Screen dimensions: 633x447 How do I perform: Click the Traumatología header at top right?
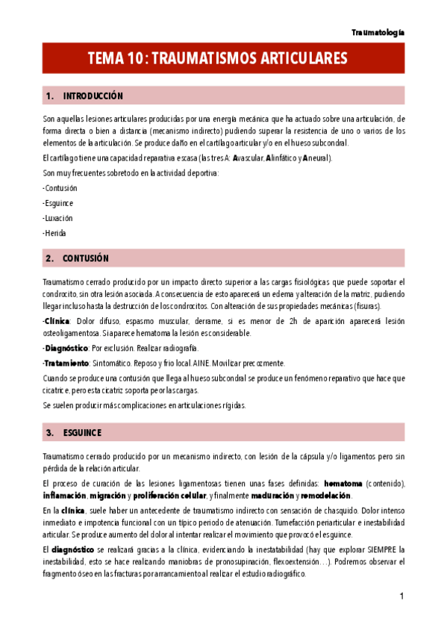click(x=378, y=33)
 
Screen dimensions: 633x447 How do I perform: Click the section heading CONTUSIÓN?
click(x=86, y=258)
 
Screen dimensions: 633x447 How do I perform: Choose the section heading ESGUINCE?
click(x=83, y=433)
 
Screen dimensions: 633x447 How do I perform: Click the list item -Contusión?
click(x=60, y=188)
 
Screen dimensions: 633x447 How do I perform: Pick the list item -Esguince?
click(x=59, y=203)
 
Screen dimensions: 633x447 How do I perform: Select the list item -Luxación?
click(x=58, y=218)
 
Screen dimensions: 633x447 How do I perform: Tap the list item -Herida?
click(x=55, y=233)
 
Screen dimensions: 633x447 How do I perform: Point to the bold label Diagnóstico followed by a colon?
click(x=66, y=349)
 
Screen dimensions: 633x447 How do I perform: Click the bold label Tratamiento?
click(x=68, y=364)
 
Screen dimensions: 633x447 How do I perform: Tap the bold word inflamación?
click(x=65, y=496)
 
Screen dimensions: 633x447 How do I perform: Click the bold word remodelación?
click(x=326, y=496)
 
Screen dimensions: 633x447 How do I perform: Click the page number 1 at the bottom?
click(x=401, y=596)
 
